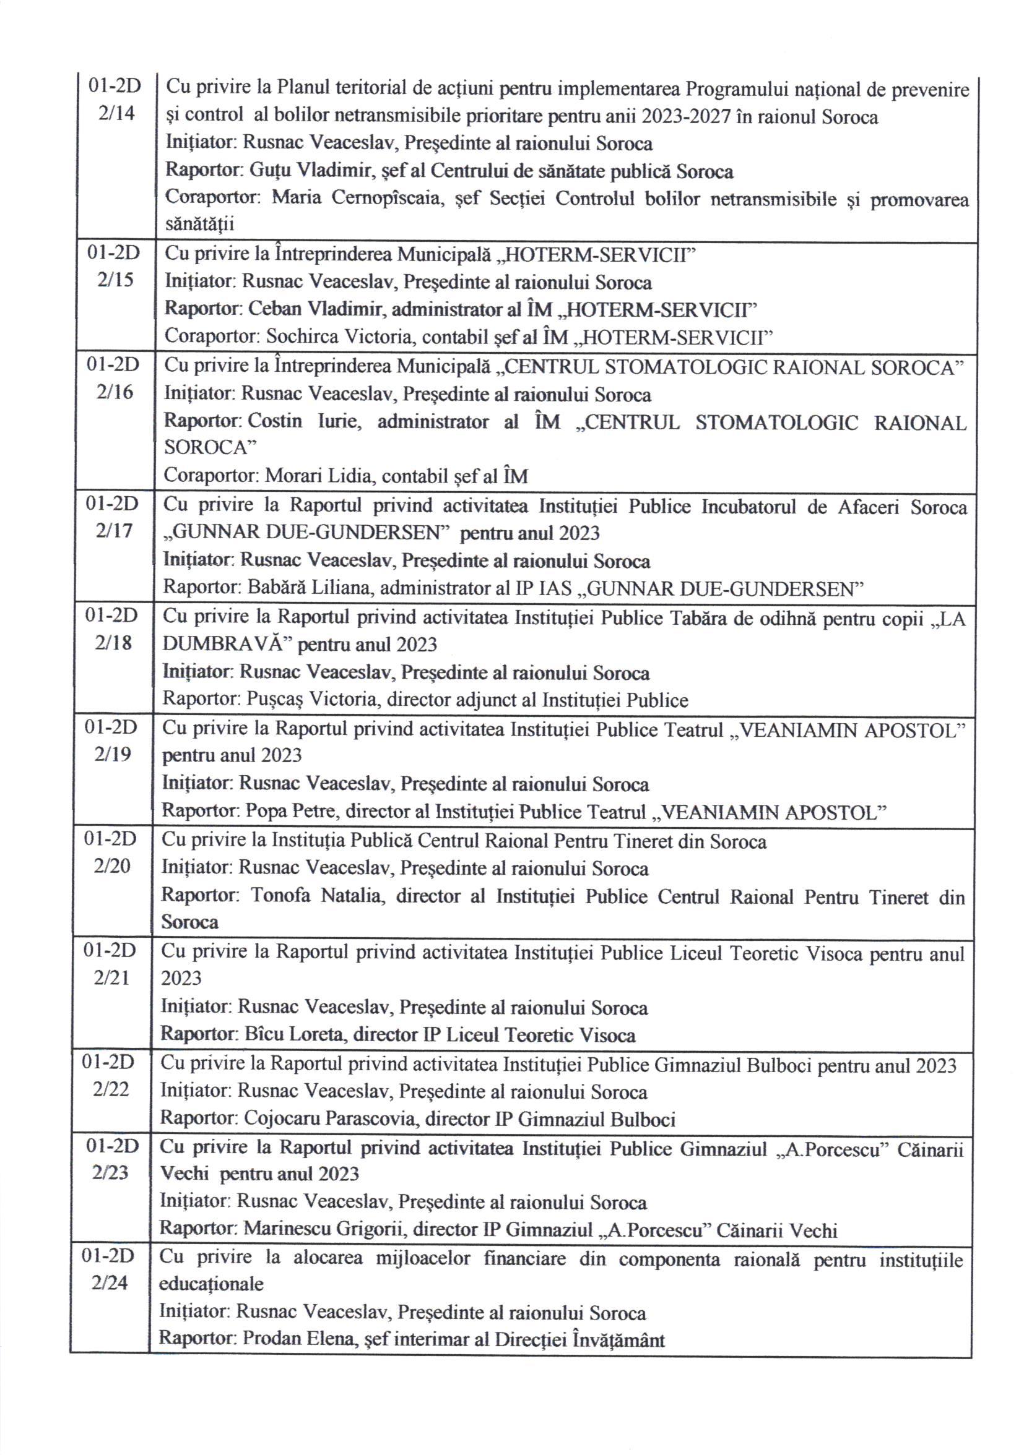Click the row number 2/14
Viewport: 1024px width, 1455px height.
coord(116,115)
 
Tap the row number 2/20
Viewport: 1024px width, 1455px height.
coord(112,865)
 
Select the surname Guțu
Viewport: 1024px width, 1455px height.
coord(266,171)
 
